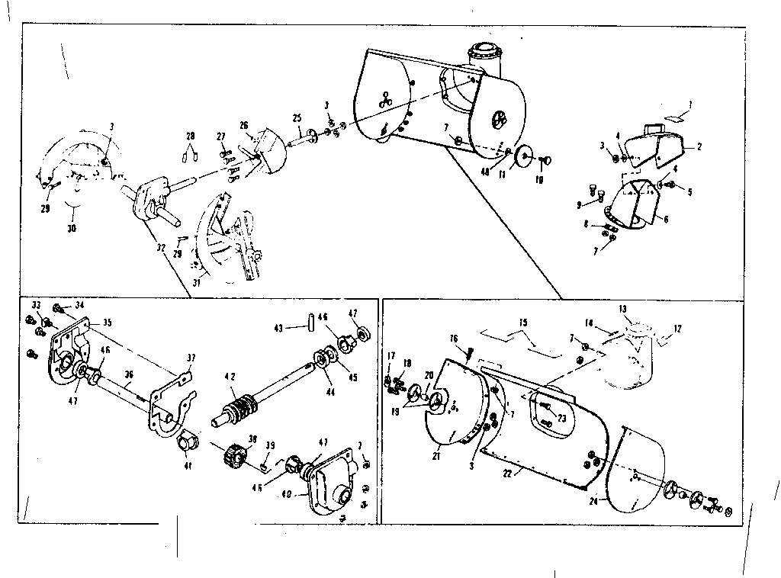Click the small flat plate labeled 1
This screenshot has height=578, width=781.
[x=674, y=117]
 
